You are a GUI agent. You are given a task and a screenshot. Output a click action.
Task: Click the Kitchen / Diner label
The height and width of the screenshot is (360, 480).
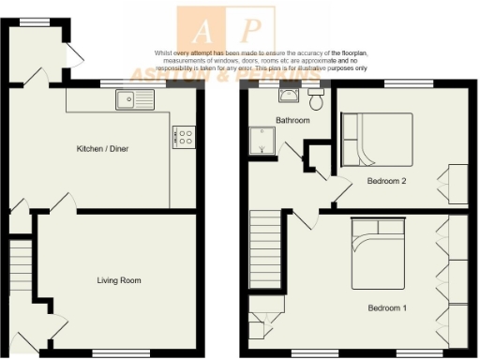[x=102, y=149]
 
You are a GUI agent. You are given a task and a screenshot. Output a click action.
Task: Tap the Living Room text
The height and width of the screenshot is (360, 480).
[x=119, y=280]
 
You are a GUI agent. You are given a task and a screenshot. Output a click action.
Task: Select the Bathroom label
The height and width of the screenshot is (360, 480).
[x=292, y=121]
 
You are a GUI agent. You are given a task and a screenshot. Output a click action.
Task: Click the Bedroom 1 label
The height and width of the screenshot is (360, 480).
[x=387, y=307]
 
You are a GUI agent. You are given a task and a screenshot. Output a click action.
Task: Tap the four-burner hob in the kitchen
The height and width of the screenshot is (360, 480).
[x=183, y=138]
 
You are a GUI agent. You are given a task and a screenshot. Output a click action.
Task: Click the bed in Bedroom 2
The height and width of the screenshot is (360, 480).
[x=377, y=138]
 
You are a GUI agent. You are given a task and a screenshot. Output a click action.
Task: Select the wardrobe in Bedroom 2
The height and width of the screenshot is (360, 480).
[x=458, y=183]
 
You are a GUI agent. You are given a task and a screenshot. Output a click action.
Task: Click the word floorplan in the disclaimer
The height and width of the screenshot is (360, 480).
[x=348, y=53]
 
